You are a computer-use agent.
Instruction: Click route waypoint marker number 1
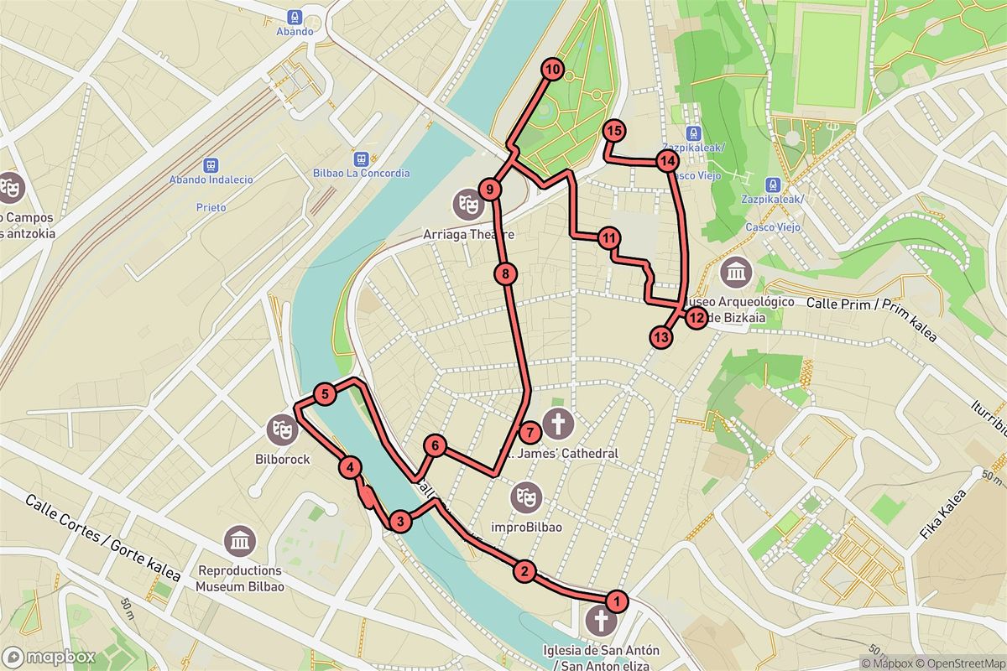pos(617,601)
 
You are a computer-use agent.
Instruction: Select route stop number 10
pos(551,70)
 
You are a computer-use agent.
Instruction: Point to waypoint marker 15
pos(614,131)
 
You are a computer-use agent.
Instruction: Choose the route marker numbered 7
pos(529,434)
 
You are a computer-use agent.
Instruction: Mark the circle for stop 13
pos(661,337)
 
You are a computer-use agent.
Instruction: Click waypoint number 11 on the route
pos(609,238)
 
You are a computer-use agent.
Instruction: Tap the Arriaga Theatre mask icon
pos(467,202)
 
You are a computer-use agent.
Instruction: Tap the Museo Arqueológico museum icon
pos(736,272)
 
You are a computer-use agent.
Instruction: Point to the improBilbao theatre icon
pos(525,496)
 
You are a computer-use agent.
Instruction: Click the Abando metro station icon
pos(294,16)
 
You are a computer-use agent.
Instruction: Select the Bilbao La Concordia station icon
pos(361,158)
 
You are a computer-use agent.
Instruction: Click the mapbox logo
pos(49,656)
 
